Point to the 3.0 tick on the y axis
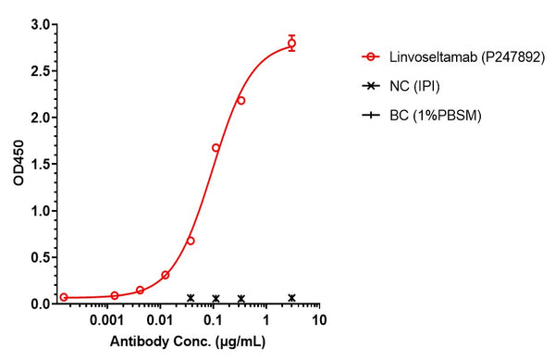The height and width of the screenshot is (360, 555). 40,25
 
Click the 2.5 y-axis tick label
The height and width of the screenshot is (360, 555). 40,71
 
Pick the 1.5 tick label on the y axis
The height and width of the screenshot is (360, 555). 40,164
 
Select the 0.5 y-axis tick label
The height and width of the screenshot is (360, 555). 40,257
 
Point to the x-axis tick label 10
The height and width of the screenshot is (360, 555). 319,320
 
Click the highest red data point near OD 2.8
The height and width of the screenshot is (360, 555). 291,43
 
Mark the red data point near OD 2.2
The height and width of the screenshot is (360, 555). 240,100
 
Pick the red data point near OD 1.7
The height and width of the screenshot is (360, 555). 216,148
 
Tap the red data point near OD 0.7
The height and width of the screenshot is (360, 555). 191,241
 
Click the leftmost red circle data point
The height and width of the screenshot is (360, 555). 64,297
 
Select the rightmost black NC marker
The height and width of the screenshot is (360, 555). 291,298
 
